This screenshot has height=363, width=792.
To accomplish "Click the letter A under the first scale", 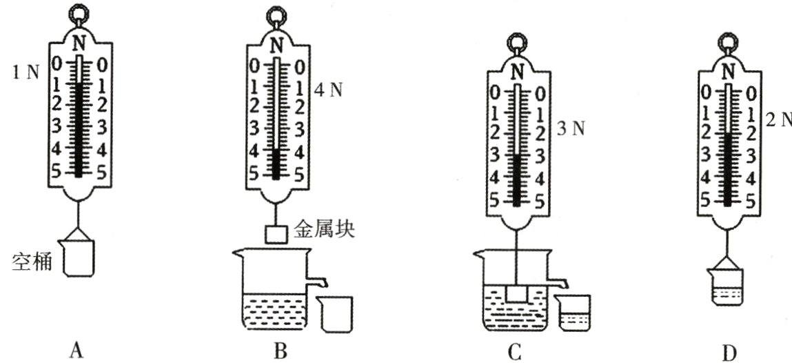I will point(77,351).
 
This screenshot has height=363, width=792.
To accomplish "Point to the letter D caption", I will point(729,352).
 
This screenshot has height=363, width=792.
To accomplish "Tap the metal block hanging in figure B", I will point(276,234).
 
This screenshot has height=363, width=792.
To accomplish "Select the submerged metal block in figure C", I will point(516,293).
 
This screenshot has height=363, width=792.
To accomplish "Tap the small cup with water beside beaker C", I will point(573,314).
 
